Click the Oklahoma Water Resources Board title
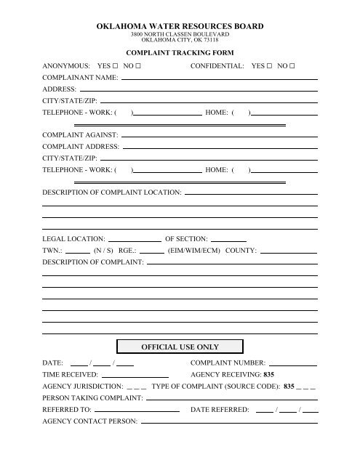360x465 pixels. [x=180, y=26]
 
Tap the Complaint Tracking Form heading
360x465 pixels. [x=180, y=53]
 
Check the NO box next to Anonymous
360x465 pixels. [x=137, y=65]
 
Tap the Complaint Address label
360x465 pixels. [x=81, y=147]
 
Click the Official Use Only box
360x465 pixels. [x=180, y=346]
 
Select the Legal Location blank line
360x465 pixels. [x=135, y=239]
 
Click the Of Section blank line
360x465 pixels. [x=228, y=239]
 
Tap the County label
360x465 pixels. [x=241, y=250]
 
